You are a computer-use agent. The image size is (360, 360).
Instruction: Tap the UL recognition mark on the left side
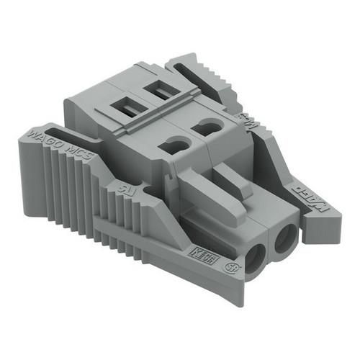tap(120, 189)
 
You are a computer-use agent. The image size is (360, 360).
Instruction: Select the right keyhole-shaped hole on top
tap(209, 126)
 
